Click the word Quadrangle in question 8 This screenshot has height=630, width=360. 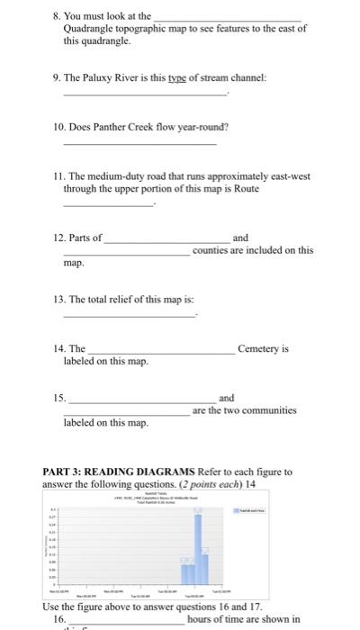(x=91, y=29)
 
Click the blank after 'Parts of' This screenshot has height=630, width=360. (x=166, y=239)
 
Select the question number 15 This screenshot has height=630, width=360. (x=58, y=398)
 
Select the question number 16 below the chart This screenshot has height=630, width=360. (x=59, y=620)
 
